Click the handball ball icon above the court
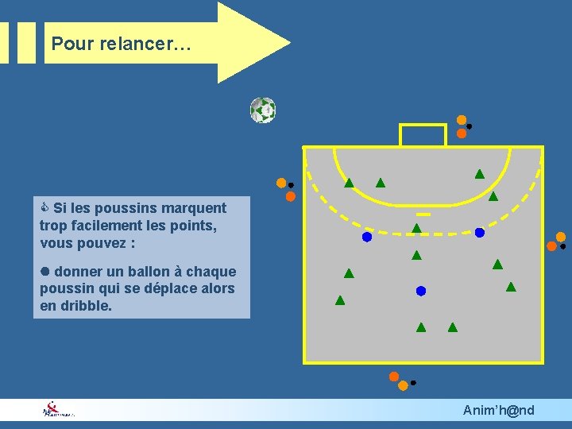(x=263, y=110)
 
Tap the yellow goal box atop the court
(x=423, y=135)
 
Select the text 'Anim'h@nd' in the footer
(x=499, y=410)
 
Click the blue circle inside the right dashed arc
(x=480, y=233)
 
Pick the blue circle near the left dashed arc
(x=367, y=237)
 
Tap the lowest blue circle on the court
(x=421, y=291)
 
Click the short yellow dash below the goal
(x=423, y=214)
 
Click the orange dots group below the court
(x=400, y=381)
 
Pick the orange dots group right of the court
(x=557, y=242)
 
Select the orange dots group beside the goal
(x=462, y=126)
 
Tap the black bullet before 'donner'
(x=45, y=272)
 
